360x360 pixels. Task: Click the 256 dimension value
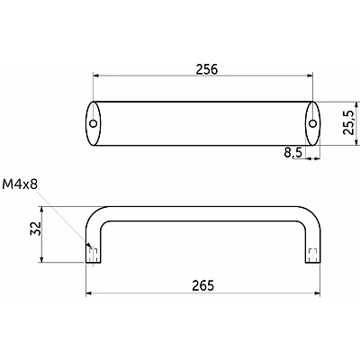pos(206,69)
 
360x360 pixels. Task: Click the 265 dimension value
pos(203,285)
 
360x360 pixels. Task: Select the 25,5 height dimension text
pos(349,122)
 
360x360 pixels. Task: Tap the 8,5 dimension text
pos(292,153)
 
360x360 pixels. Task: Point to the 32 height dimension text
pos(35,229)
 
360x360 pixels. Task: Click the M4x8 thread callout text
pos(20,184)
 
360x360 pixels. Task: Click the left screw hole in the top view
pos(94,123)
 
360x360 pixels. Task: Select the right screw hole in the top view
pos(313,123)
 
